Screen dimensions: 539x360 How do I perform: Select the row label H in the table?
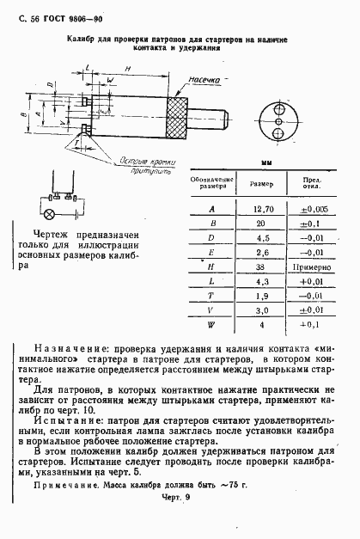pyautogui.click(x=211, y=266)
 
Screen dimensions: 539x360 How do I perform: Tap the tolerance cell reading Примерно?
pyautogui.click(x=308, y=266)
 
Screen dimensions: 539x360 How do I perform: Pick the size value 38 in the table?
pyautogui.click(x=263, y=266)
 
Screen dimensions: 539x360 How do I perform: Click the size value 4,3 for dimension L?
pyautogui.click(x=263, y=281)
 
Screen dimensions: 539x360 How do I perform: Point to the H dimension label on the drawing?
pyautogui.click(x=126, y=68)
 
